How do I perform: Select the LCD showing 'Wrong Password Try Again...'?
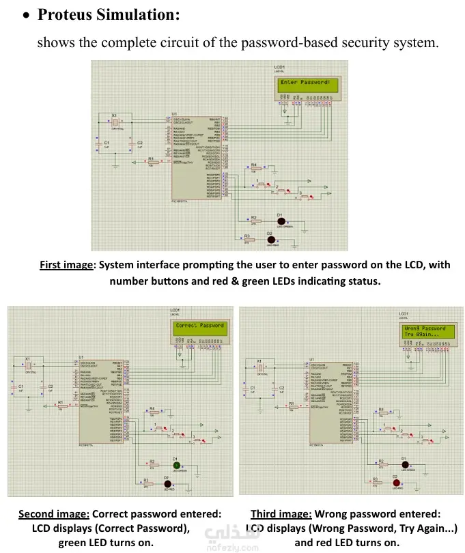click(x=425, y=332)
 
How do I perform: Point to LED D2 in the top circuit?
click(x=271, y=239)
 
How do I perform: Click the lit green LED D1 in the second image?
click(x=175, y=466)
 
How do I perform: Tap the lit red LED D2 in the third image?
click(x=395, y=483)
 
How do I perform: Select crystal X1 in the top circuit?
click(x=116, y=122)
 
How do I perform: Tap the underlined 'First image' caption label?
click(x=66, y=265)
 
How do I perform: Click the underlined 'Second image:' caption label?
click(x=53, y=513)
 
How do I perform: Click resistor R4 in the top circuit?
click(x=253, y=169)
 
